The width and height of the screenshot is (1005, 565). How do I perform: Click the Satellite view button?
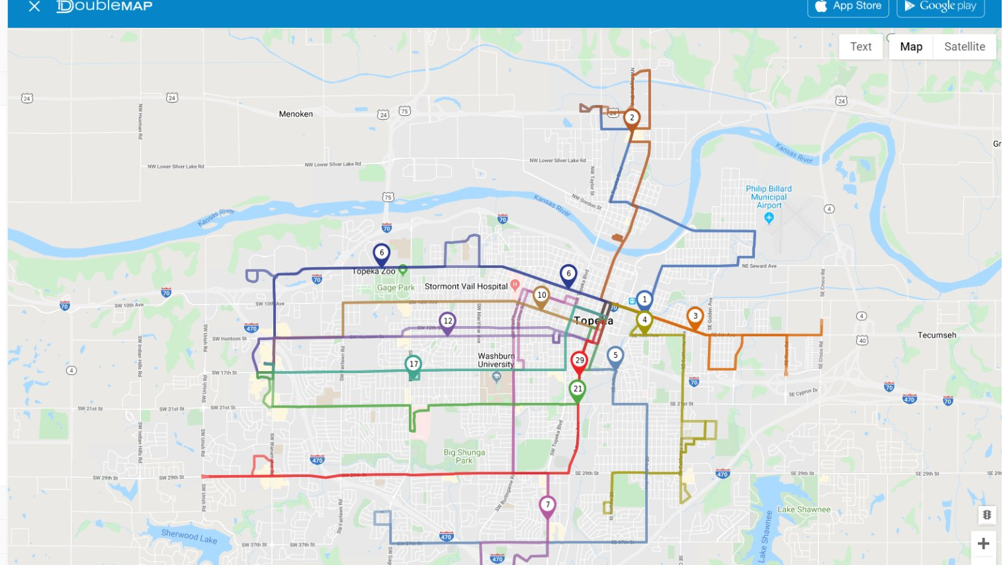click(x=964, y=46)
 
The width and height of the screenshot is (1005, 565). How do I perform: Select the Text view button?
click(x=860, y=46)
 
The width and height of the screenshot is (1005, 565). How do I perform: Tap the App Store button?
click(x=848, y=7)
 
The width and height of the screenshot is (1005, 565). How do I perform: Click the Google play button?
click(x=940, y=7)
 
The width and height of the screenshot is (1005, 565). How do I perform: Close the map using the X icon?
click(x=34, y=7)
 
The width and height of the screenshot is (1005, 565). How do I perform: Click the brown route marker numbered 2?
click(x=632, y=118)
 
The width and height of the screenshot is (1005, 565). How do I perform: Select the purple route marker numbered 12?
click(x=448, y=322)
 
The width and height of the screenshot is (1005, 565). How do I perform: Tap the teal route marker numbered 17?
click(x=414, y=365)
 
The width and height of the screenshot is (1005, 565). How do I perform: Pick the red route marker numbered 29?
click(x=580, y=361)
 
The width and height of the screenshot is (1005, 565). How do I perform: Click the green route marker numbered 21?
click(x=578, y=389)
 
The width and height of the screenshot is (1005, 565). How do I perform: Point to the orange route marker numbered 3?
click(x=695, y=316)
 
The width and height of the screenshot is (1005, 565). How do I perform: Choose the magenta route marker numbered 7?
click(x=547, y=505)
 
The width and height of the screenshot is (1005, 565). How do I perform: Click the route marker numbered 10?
click(x=541, y=296)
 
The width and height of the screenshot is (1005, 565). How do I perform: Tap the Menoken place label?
click(x=296, y=114)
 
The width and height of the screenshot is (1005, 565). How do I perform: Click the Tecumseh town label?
click(x=936, y=335)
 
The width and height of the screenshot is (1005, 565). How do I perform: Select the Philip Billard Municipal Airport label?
click(x=768, y=197)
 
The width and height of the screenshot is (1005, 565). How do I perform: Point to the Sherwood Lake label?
click(x=189, y=536)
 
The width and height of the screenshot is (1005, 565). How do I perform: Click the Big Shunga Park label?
click(x=464, y=456)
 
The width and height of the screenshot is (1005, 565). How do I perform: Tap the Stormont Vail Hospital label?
click(x=466, y=286)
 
